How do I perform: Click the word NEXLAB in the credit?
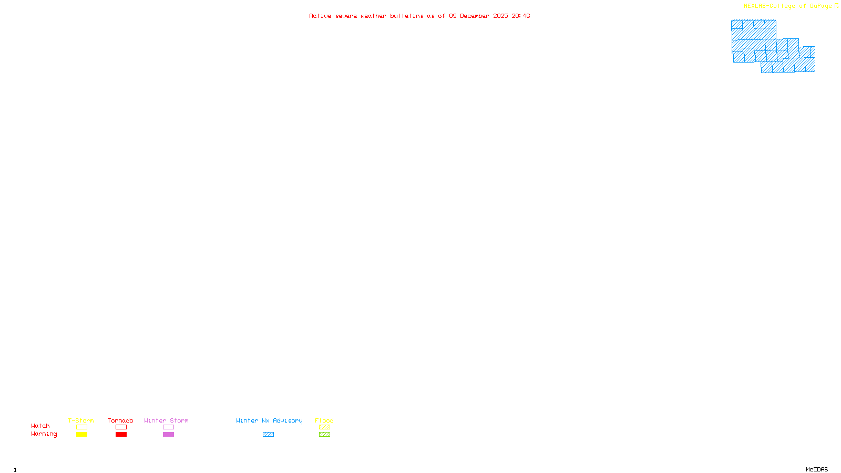pos(755,6)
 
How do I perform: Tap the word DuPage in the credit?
pos(821,6)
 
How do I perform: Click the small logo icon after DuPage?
pos(836,6)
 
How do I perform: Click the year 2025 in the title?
pos(500,16)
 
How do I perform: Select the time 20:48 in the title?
pos(521,16)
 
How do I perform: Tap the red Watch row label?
pos(40,426)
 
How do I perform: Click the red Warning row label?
pos(44,434)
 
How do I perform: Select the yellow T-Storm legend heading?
pos(81,420)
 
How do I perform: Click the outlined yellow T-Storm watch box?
pos(81,427)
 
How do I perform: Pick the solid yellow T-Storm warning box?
pos(81,435)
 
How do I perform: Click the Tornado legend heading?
pos(120,420)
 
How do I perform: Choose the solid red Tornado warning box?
pos(121,435)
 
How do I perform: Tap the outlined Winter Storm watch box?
pos(168,427)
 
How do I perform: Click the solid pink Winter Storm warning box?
pos(168,435)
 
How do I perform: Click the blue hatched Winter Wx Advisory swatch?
pos(268,435)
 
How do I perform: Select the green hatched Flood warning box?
pos(324,435)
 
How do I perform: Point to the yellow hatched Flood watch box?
pos(324,427)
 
